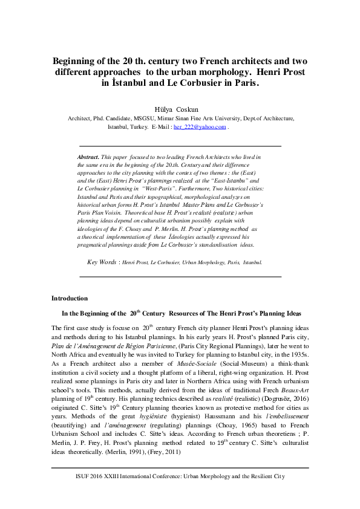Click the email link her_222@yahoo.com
200,128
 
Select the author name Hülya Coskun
180,110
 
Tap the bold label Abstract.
88,156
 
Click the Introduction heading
70,298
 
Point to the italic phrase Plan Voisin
106,221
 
